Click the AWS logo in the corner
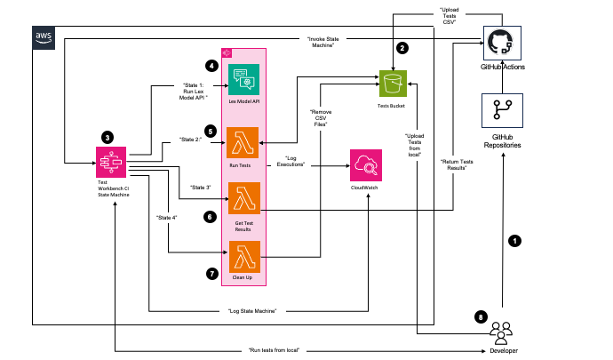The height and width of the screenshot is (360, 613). click(43, 36)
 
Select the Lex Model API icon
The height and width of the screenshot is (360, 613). click(244, 81)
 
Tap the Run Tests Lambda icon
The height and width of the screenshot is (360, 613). click(244, 143)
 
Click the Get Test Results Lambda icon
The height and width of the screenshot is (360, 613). click(244, 197)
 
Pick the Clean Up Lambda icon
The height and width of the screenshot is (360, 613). click(244, 260)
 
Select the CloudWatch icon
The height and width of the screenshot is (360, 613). click(366, 167)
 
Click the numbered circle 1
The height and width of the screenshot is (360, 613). click(512, 240)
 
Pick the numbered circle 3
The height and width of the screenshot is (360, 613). click(107, 138)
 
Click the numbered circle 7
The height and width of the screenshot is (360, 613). click(211, 274)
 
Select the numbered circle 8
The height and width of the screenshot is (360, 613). click(481, 316)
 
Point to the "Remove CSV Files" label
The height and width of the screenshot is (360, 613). click(320, 118)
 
